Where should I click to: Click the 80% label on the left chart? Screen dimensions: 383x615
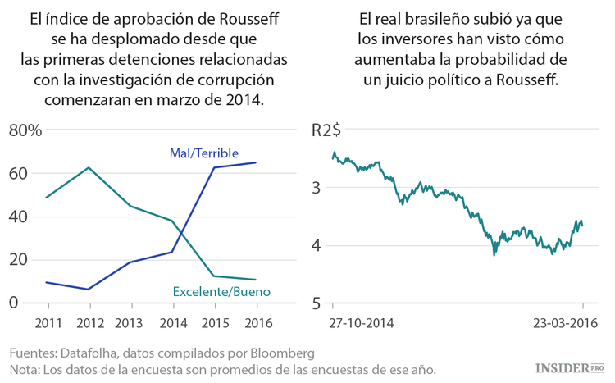[25, 130]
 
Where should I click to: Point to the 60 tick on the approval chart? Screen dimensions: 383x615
[19, 173]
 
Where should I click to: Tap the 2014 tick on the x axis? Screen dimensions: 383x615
[171, 321]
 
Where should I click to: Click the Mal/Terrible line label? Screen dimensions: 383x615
[203, 153]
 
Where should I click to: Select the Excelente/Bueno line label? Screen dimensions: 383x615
[221, 291]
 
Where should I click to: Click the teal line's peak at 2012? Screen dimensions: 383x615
[89, 167]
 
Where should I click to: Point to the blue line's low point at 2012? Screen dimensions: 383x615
[89, 289]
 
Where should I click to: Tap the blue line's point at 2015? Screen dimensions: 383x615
[214, 167]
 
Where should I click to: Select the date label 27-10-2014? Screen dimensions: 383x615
[362, 322]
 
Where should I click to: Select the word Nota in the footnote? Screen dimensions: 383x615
[25, 368]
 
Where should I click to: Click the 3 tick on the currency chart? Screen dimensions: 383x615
[316, 188]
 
